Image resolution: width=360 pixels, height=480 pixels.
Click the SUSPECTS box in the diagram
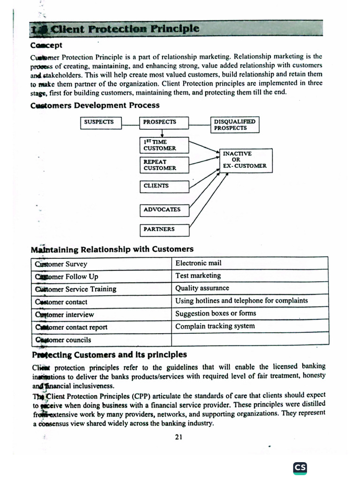pyautogui.click(x=101, y=123)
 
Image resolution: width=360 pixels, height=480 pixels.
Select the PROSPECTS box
pyautogui.click(x=164, y=123)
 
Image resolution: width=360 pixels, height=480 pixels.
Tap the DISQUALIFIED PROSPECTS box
pyautogui.click(x=235, y=125)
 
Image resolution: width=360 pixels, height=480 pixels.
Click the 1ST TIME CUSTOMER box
pyautogui.click(x=164, y=145)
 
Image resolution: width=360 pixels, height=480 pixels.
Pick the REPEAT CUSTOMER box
pyautogui.click(x=164, y=165)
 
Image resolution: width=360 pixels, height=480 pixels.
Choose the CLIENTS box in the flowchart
pyautogui.click(x=164, y=186)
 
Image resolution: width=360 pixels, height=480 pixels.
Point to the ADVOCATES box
pyautogui.click(x=164, y=210)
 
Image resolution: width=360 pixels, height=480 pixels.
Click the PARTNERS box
pyautogui.click(x=164, y=230)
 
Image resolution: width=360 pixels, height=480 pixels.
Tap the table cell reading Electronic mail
pyautogui.click(x=249, y=263)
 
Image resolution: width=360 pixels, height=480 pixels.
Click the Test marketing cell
pyautogui.click(x=249, y=276)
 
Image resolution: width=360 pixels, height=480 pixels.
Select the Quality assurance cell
pyautogui.click(x=249, y=289)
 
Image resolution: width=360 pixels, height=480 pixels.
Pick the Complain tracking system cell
pyautogui.click(x=249, y=327)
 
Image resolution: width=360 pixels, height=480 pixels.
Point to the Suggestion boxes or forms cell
pyautogui.click(x=249, y=314)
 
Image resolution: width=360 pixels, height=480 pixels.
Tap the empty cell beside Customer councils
pyautogui.click(x=249, y=340)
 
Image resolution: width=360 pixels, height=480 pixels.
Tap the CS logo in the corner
pyautogui.click(x=300, y=467)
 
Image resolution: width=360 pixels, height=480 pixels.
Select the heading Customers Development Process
pyautogui.click(x=95, y=105)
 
